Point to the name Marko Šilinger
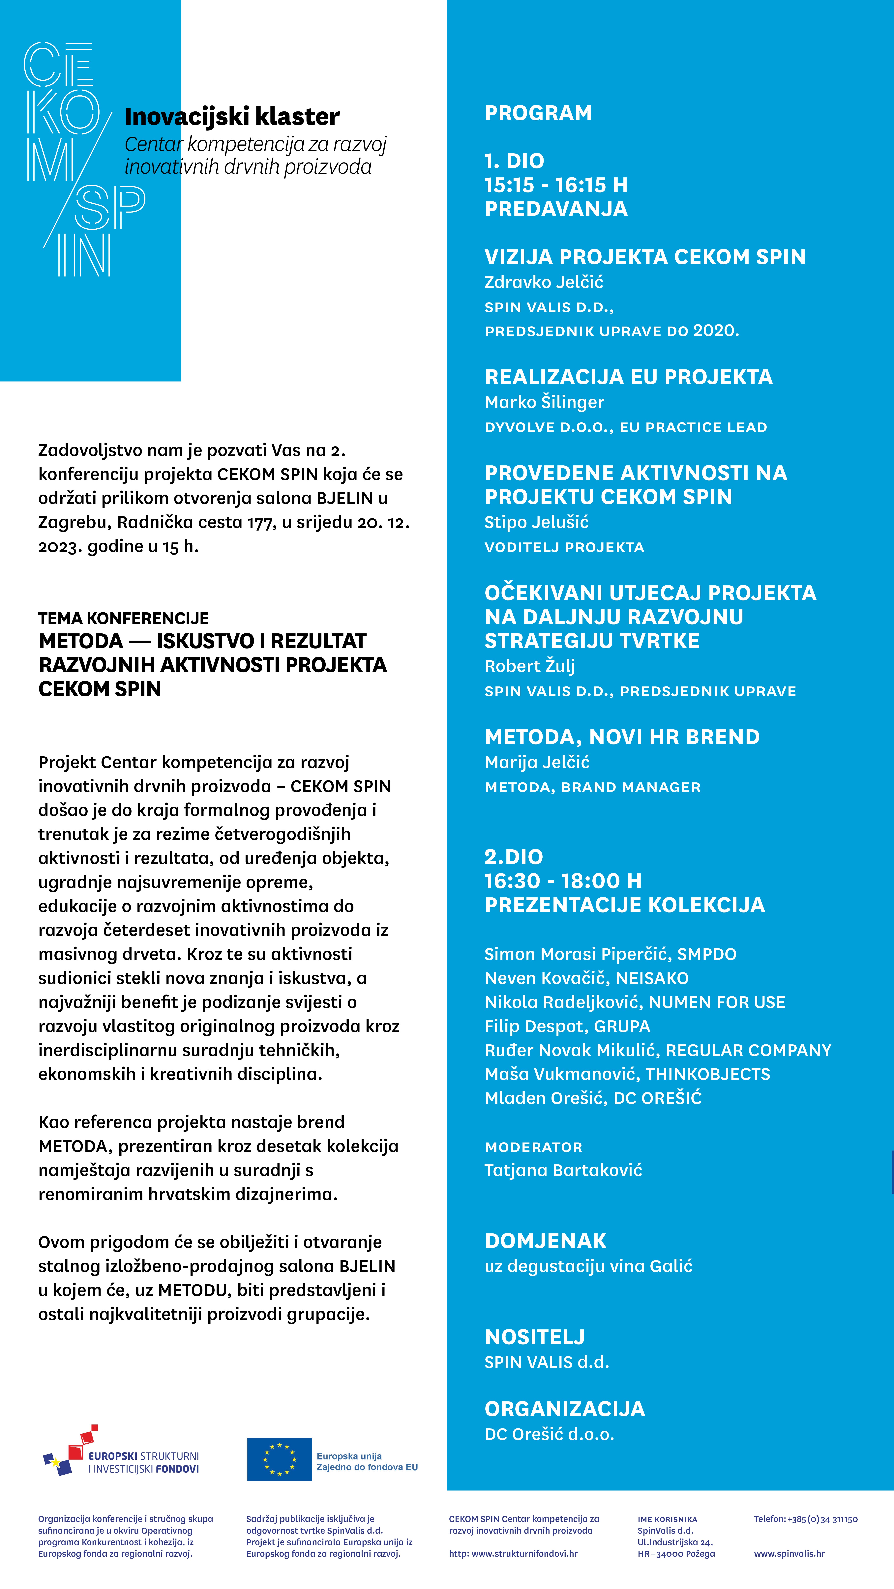pos(544,402)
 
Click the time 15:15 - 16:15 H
pos(556,185)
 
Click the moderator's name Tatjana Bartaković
pos(563,1170)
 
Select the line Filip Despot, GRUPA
pos(567,1026)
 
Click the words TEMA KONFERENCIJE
pos(123,618)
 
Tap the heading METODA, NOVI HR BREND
pos(622,737)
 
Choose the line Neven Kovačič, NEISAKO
pos(586,978)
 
